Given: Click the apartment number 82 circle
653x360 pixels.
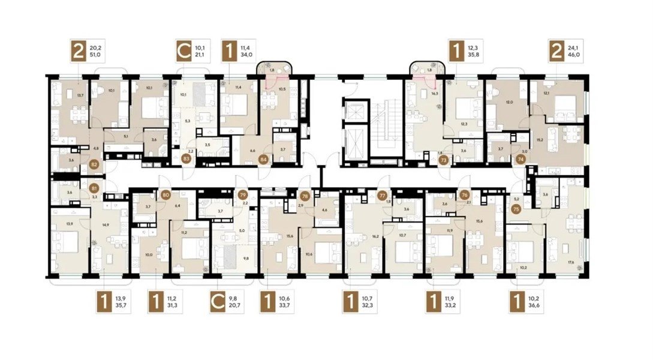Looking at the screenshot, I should coord(94,163).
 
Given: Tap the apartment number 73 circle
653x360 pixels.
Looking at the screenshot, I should coord(444,160).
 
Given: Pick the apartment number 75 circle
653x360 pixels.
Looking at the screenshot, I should coord(517,209).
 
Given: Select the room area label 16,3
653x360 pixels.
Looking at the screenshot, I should coord(435,94).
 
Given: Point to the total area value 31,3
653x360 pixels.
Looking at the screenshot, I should coord(173,305).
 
